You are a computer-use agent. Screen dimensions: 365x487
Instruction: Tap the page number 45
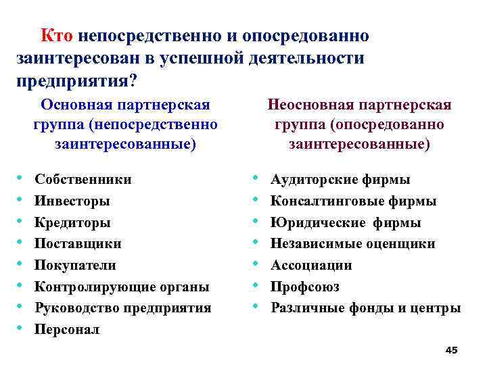pos(452,349)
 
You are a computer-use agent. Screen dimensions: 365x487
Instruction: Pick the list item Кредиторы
pos(72,222)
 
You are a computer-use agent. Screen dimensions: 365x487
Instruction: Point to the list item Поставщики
pos(78,243)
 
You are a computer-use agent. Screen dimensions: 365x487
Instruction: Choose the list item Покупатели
pos(75,265)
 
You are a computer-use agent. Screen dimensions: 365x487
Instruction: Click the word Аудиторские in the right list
pos(308,179)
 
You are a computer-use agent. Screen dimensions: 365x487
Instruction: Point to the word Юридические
pos(310,222)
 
